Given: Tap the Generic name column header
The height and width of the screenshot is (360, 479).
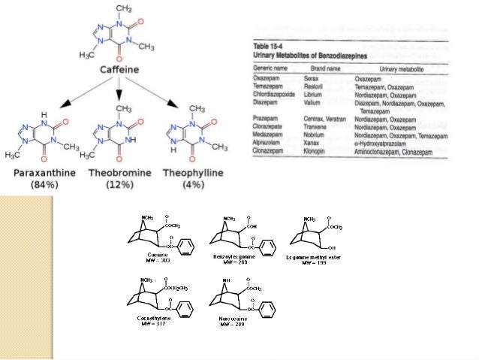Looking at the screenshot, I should point(270,69).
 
